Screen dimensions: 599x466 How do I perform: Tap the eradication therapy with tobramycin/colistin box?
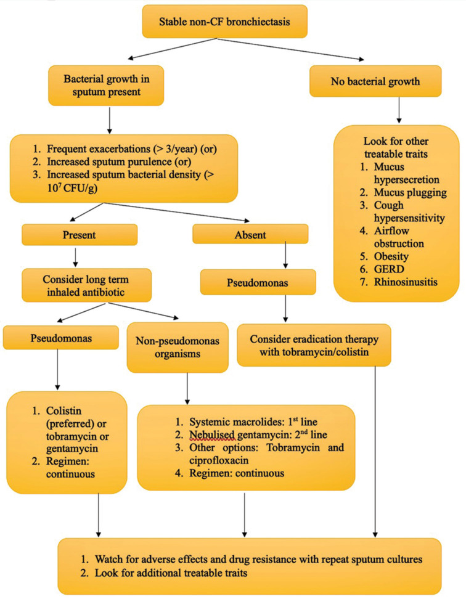(314, 344)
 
